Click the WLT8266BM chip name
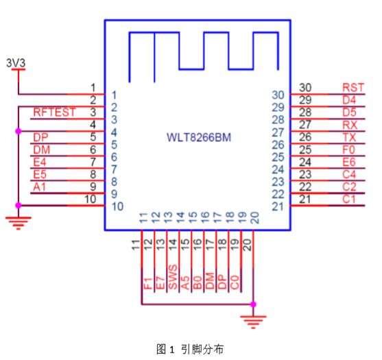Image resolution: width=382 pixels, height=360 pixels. [199, 137]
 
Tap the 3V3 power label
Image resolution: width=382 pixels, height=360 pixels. [16, 63]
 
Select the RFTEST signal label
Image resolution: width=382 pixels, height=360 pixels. [54, 112]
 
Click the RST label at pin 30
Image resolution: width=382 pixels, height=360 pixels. [353, 88]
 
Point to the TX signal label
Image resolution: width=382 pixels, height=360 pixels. [350, 137]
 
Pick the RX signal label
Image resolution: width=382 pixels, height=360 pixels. [350, 125]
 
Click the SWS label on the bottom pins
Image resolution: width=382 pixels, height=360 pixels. [173, 277]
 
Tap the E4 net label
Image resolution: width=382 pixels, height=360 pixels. [40, 162]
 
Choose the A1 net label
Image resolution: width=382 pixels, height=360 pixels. [40, 187]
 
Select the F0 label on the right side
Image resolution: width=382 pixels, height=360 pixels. [349, 149]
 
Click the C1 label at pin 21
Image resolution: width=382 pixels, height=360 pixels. [349, 200]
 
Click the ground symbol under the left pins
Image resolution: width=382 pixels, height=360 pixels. [19, 223]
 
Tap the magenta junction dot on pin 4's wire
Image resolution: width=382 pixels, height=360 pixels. [19, 131]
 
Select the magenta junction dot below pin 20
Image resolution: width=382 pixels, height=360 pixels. [253, 304]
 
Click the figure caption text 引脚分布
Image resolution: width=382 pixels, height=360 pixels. [202, 350]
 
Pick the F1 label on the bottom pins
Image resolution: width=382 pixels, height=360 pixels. [148, 283]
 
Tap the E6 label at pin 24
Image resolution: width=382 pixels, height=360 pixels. [349, 162]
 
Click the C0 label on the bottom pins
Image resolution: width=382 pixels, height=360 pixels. [235, 283]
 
